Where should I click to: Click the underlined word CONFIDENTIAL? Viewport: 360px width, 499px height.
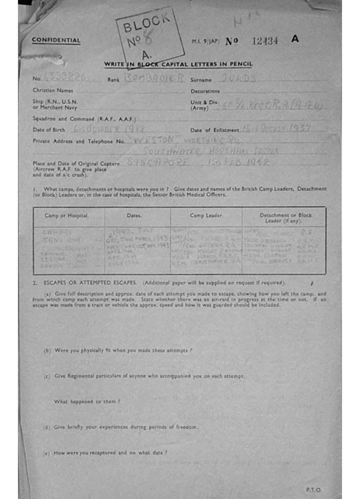(56, 40)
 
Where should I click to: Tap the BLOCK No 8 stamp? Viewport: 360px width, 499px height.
(149, 38)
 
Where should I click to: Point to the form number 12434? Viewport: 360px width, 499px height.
(265, 41)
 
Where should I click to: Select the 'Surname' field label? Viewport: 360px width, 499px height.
(201, 79)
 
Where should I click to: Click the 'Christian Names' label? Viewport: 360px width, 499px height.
(53, 91)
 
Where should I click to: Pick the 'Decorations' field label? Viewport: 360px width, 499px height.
(205, 91)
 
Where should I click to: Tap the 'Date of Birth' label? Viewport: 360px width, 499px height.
(48, 130)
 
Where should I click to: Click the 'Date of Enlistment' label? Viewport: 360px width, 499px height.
(214, 130)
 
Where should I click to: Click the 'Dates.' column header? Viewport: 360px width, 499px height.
(134, 215)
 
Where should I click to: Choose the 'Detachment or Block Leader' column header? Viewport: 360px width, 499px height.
(285, 217)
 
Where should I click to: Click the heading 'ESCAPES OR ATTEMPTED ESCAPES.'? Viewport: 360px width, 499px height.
(91, 283)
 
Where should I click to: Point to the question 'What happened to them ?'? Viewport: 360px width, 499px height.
(87, 402)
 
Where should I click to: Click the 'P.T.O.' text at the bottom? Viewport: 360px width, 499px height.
(314, 490)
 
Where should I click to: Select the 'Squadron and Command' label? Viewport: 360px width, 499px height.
(84, 118)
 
